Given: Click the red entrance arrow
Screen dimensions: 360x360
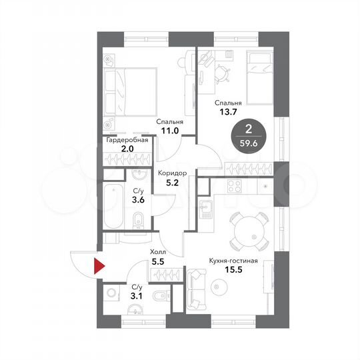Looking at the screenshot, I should tap(100, 268).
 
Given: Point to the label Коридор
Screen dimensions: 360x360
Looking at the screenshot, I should tap(172, 173).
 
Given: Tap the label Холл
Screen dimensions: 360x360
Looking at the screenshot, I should tap(158, 252).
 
